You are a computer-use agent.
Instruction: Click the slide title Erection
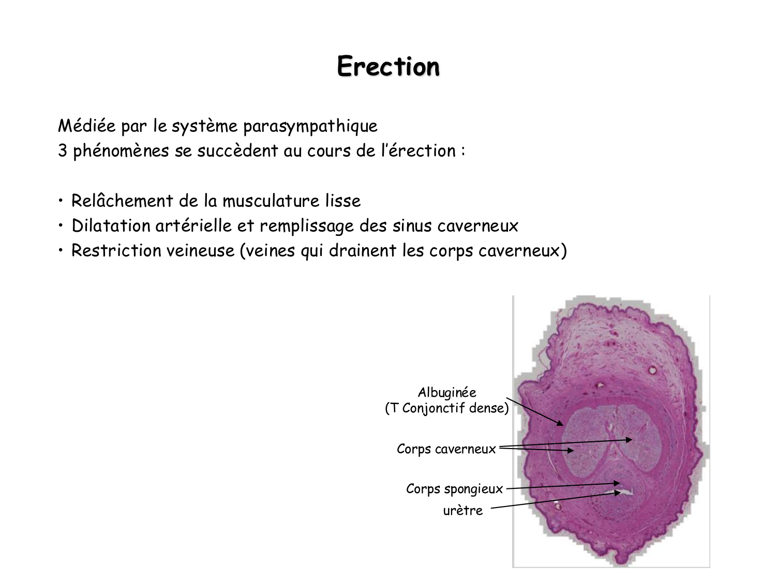pos(388,66)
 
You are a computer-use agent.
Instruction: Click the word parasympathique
pos(310,126)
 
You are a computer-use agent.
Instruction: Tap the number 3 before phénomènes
pos(63,151)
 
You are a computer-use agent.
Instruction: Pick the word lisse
pos(343,201)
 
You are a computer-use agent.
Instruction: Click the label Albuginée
pos(447,393)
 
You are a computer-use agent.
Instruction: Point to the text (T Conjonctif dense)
pos(447,409)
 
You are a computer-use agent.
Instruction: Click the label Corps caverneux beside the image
pos(446,449)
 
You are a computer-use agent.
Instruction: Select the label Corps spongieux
pos(454,489)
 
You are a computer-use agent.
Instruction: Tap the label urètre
pos(463,511)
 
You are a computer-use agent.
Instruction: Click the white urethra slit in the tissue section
pos(628,492)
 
